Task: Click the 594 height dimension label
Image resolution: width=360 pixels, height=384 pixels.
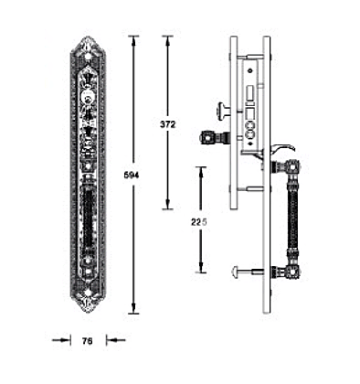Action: [x=132, y=176]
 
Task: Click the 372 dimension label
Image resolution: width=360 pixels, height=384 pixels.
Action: [x=168, y=124]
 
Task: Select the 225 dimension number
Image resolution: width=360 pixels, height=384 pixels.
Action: [x=199, y=222]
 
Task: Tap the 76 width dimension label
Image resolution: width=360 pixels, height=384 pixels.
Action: [x=88, y=341]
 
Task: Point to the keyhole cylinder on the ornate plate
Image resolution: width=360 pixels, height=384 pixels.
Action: [x=88, y=95]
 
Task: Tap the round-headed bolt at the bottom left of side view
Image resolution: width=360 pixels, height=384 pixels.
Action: [x=244, y=270]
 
